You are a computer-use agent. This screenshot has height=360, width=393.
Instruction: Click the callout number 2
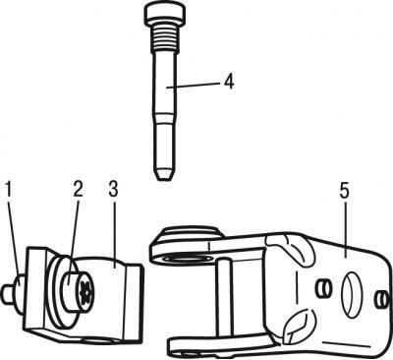point(78,190)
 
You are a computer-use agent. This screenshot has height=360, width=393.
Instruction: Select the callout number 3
point(113,190)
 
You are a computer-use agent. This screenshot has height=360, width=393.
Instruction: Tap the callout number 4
point(229,81)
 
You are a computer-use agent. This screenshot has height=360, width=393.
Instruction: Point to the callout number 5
point(345,192)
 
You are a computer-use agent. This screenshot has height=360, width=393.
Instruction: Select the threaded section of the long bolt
point(163,35)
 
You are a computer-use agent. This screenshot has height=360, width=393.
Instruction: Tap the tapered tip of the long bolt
point(163,174)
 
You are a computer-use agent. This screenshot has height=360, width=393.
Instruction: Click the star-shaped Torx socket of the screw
point(84,292)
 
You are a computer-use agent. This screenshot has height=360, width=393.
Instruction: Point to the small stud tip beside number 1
point(8,293)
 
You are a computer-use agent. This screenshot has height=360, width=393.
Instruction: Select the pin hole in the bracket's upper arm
point(187,260)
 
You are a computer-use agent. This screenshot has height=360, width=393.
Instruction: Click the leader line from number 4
point(194,85)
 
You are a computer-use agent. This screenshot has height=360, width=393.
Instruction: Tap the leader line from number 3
point(114,233)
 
